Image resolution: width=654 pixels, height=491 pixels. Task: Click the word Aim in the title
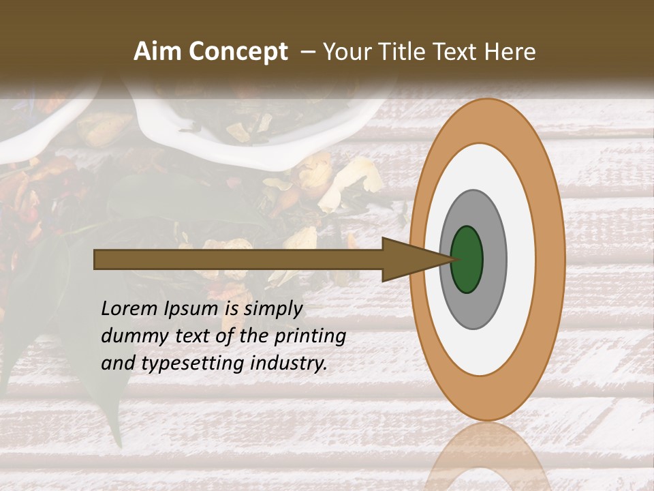pyautogui.click(x=158, y=52)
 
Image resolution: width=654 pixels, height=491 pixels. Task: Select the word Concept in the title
pyautogui.click(x=238, y=52)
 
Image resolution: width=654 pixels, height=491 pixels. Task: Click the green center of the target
pyautogui.click(x=467, y=259)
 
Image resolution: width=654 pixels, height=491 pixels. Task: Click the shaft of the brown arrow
pyautogui.click(x=238, y=259)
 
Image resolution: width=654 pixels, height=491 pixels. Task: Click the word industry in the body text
pyautogui.click(x=289, y=363)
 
